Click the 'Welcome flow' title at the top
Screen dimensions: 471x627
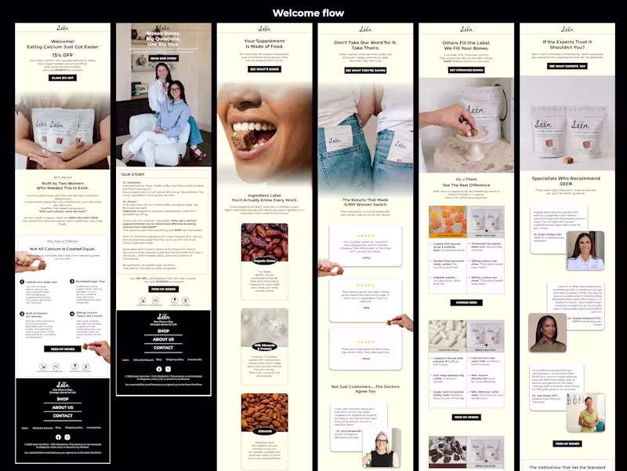point(313,13)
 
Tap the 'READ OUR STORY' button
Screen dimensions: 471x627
point(164,58)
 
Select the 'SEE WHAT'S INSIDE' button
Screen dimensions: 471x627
point(264,69)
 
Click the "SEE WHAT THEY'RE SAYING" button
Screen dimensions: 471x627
point(365,70)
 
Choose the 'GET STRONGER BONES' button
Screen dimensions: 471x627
point(466,69)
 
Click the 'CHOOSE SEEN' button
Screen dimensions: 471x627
point(466,302)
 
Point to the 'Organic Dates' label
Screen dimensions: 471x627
point(265,260)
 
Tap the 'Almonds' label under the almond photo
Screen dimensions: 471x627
point(265,431)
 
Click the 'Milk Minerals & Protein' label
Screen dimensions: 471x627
point(265,345)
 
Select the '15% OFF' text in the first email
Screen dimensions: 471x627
point(62,54)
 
